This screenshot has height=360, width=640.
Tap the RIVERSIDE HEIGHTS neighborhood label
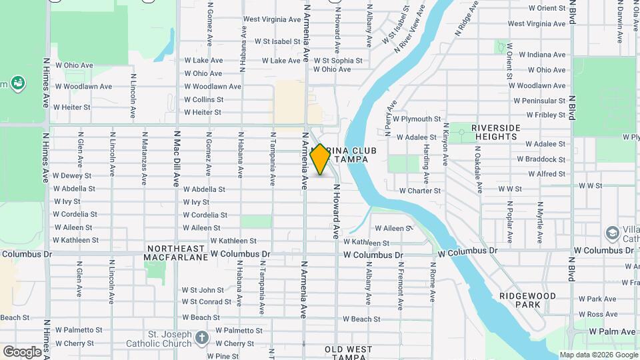pos(495,132)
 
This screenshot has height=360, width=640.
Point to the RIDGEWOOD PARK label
pos(526,299)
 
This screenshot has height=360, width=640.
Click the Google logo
pos(21,351)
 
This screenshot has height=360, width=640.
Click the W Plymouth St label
pos(417,119)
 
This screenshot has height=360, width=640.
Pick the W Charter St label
pos(420,191)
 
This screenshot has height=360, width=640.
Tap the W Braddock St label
pos(545,159)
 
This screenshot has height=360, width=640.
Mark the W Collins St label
pos(203,99)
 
